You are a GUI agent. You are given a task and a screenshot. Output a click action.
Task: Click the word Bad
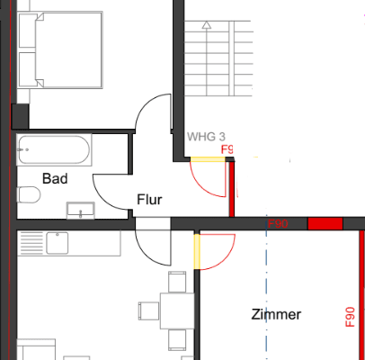coord(55,178)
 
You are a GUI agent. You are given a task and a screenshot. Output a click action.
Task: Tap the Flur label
coord(149,200)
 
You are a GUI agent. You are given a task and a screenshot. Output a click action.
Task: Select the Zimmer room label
coord(276,315)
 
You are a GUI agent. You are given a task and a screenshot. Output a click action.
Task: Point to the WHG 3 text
coord(206,137)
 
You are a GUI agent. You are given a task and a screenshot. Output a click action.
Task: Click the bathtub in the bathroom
coord(54,149)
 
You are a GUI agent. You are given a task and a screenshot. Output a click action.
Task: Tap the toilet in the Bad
coord(29,195)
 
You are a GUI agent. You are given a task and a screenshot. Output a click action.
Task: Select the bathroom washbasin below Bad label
coord(81,211)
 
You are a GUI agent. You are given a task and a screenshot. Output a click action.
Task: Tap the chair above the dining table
coord(178,282)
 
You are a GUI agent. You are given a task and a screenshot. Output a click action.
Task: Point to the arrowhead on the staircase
coord(207,26)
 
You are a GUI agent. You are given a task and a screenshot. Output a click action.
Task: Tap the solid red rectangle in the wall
coord(325,223)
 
